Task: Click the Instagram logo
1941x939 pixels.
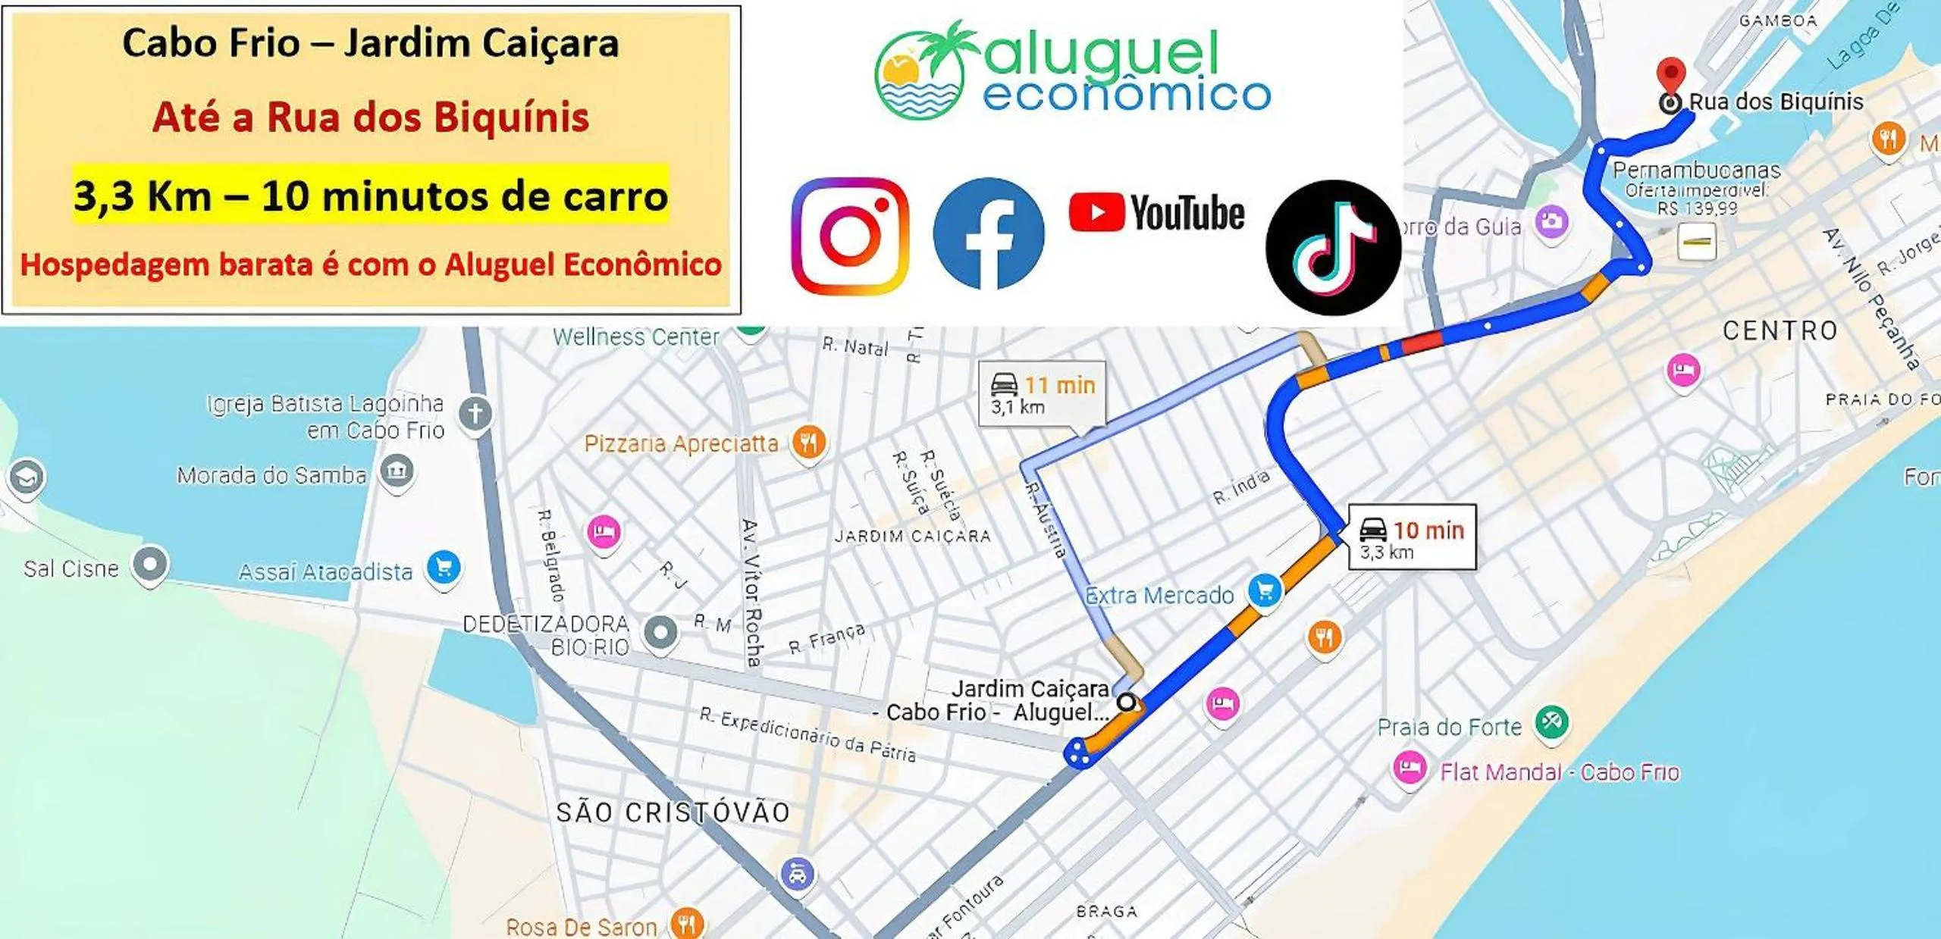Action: click(850, 236)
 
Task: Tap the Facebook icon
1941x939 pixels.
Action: click(988, 234)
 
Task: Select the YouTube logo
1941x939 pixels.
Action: click(1156, 213)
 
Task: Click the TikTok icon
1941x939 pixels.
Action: click(1333, 247)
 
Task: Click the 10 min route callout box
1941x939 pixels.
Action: click(1412, 537)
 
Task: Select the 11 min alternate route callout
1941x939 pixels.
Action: click(1043, 393)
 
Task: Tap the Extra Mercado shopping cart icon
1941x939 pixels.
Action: click(1264, 590)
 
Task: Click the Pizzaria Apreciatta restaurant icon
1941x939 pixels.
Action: click(809, 442)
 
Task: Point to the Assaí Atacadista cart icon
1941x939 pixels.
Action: click(444, 568)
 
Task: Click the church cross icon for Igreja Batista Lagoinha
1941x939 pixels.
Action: click(475, 414)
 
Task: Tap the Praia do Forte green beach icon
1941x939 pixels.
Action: click(1551, 721)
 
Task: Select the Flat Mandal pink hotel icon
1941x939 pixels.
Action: click(1409, 768)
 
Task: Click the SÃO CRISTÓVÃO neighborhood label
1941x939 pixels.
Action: click(673, 812)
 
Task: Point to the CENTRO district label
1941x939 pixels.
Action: click(1780, 330)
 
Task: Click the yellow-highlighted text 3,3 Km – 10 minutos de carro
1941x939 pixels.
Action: click(371, 196)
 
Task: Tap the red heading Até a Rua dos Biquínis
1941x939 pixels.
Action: click(371, 117)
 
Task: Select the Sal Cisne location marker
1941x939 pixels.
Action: click(150, 565)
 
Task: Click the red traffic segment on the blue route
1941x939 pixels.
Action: click(1422, 342)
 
